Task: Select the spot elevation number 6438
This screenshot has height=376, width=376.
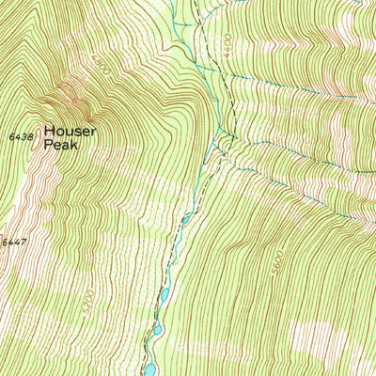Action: [x=19, y=136]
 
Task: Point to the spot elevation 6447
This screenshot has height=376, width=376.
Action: [x=11, y=243]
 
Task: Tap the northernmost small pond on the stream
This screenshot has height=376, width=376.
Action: [x=186, y=219]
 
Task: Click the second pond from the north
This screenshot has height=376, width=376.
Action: [x=164, y=295]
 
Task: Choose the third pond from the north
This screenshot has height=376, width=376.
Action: [x=157, y=330]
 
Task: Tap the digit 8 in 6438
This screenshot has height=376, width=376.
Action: [x=30, y=136]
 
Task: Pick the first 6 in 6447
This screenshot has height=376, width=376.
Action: [x=3, y=243]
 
